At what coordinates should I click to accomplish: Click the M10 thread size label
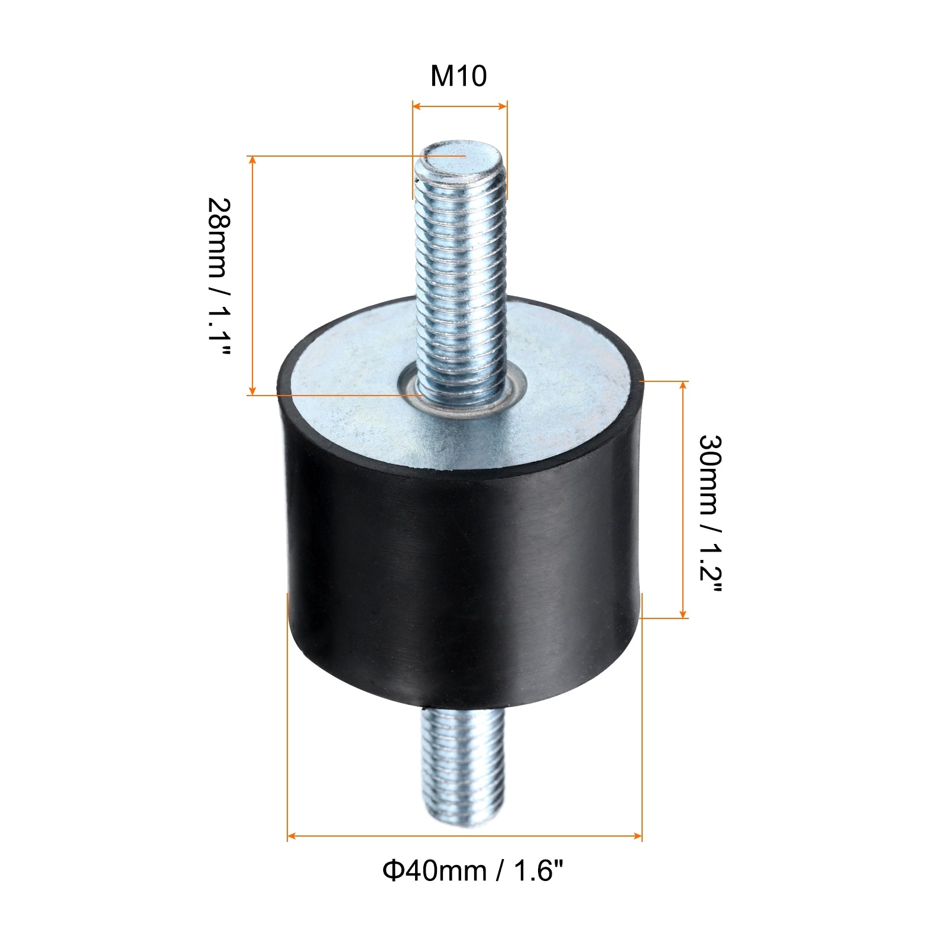458,76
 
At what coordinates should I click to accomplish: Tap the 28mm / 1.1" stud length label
218,277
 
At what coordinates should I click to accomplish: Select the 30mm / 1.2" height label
710,515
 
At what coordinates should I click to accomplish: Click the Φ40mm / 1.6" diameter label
473,870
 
